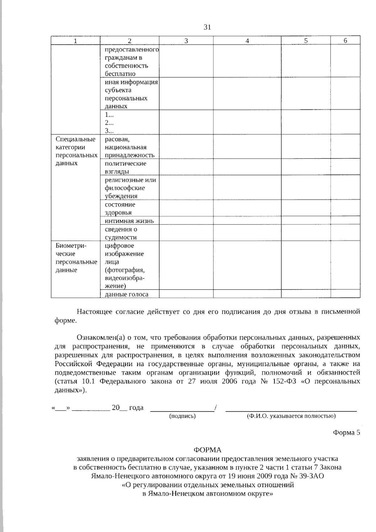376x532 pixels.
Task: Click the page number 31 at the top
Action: [207, 27]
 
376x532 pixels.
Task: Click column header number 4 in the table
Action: [247, 41]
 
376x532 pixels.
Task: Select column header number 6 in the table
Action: [345, 40]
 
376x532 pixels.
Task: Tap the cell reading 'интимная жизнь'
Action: [129, 221]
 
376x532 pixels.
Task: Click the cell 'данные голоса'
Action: [127, 294]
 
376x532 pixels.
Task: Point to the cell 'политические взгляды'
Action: [125, 167]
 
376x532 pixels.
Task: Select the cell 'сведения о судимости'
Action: [121, 233]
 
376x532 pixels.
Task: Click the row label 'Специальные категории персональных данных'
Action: [76, 151]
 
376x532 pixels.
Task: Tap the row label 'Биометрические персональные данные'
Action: [76, 258]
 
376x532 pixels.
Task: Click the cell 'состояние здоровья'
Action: [120, 208]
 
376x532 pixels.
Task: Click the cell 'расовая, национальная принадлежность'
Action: [129, 147]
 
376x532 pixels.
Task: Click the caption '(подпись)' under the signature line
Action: [182, 416]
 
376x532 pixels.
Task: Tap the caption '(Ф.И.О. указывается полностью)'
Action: [291, 416]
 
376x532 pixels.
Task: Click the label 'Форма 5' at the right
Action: [346, 433]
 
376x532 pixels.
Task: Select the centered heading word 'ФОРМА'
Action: [207, 450]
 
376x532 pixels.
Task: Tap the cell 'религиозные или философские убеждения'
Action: [130, 188]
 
